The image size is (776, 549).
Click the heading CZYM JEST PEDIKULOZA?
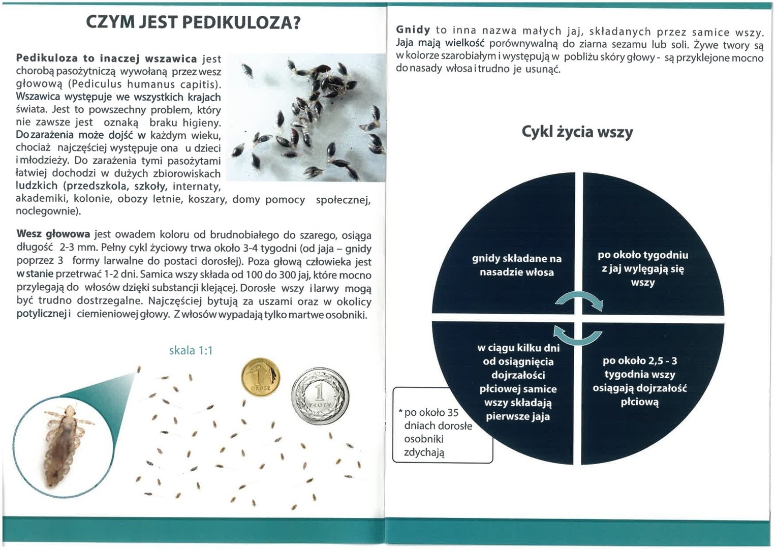click(x=193, y=23)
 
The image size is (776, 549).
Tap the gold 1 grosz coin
click(x=260, y=377)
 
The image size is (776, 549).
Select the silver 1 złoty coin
click(x=320, y=396)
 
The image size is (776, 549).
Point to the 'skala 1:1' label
click(x=191, y=350)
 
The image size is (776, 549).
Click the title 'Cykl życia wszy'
click(x=577, y=132)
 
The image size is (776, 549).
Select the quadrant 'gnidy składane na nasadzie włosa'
click(x=516, y=265)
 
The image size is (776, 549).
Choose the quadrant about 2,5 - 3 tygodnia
click(x=640, y=381)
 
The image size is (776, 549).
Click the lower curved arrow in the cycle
click(x=577, y=336)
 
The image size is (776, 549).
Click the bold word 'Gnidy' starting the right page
click(x=413, y=30)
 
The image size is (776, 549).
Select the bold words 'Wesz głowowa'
click(x=53, y=234)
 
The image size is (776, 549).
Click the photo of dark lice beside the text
click(x=305, y=117)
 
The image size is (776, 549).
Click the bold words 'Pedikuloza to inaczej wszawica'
click(x=107, y=58)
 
